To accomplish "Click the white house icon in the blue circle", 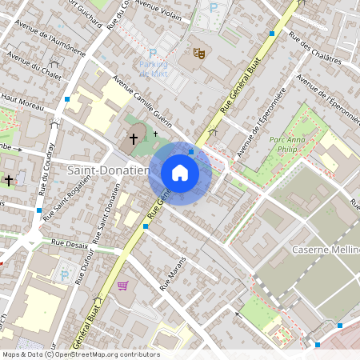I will pos(180,172).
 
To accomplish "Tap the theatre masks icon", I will pos(198,53).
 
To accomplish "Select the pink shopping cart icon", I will pos(122,286).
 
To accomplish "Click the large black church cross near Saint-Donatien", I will pos(134,139).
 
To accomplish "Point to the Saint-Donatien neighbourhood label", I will pos(108,170).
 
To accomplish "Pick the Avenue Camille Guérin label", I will pos(144,102).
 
